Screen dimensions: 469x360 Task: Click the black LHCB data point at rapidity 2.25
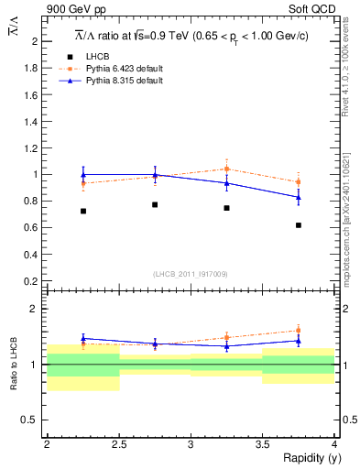[83, 211]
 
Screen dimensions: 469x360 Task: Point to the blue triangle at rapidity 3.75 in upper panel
[299, 197]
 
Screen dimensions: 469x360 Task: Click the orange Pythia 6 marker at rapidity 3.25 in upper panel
[227, 169]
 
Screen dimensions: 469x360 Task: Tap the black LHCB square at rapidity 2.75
[155, 204]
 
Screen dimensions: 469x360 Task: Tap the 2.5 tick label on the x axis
[119, 443]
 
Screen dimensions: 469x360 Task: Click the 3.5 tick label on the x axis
[263, 443]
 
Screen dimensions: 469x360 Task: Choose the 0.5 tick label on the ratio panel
[32, 420]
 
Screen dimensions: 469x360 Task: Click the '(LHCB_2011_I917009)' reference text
[191, 273]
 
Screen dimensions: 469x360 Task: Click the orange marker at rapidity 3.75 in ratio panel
[299, 331]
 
